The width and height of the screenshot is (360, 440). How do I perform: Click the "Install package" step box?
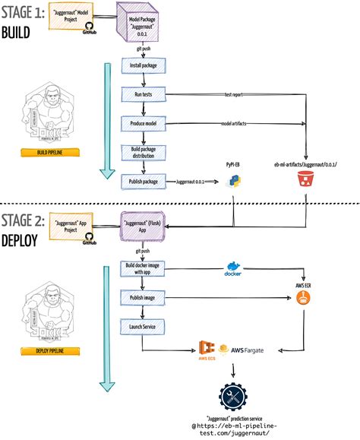click(144, 66)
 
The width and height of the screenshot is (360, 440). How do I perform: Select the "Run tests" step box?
click(144, 95)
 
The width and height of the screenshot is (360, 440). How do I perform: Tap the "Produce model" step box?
click(144, 123)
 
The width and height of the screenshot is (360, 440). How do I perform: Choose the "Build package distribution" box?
click(144, 152)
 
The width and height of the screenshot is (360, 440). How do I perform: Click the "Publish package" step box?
click(144, 182)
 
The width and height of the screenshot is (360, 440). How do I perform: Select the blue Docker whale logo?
click(233, 268)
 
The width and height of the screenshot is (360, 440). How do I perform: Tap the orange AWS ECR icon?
click(305, 297)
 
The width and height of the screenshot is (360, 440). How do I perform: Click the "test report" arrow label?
click(234, 95)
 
